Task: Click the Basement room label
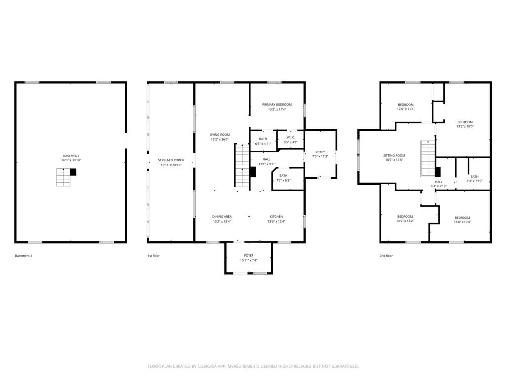click(71, 156)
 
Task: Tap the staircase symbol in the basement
click(64, 177)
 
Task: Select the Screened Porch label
click(171, 160)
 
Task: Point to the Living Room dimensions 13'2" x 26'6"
click(220, 140)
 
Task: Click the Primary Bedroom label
click(277, 105)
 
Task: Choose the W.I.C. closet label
click(291, 137)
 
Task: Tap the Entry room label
click(320, 152)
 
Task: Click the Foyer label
click(249, 255)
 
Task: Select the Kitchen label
click(276, 217)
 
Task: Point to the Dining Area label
click(222, 217)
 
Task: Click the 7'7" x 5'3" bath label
click(283, 178)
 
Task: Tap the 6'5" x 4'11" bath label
click(263, 141)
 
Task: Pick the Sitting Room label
click(394, 155)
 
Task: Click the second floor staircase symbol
click(428, 158)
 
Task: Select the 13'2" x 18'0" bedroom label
click(465, 124)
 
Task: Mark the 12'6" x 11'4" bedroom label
click(406, 107)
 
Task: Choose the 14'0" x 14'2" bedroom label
click(405, 219)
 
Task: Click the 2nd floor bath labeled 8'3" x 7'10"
click(475, 179)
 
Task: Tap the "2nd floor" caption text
click(386, 256)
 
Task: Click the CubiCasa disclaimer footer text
click(253, 366)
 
